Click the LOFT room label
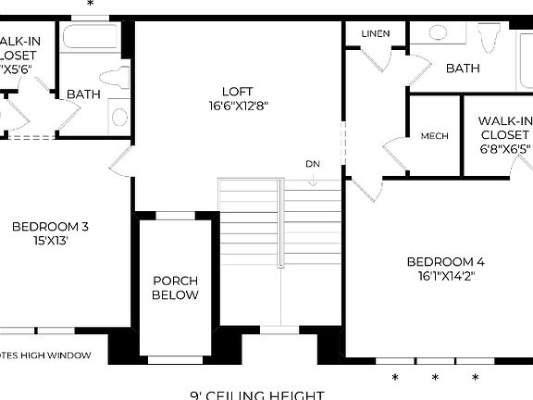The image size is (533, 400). [237, 91]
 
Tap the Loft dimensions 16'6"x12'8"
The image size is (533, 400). [237, 106]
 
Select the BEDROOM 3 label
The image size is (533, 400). [51, 226]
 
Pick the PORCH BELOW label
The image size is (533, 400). [176, 288]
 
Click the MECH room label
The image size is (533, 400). [434, 136]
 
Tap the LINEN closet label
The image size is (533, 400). [375, 34]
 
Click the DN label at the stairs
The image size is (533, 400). [313, 164]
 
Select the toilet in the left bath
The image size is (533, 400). [117, 77]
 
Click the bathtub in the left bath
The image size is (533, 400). [91, 37]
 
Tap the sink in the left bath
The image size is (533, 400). [118, 117]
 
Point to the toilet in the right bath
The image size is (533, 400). [489, 39]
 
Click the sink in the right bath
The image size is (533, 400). [438, 33]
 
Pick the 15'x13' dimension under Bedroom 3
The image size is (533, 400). [51, 240]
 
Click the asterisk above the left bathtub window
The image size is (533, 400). [90, 5]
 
